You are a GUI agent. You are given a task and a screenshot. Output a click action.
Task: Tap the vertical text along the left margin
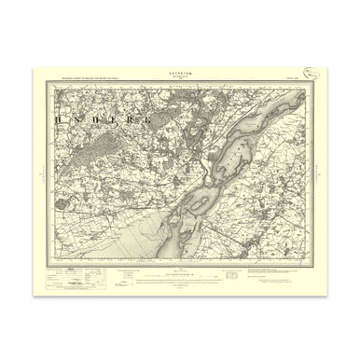coord(40,173)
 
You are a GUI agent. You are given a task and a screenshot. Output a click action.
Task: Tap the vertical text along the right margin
coord(320,173)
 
